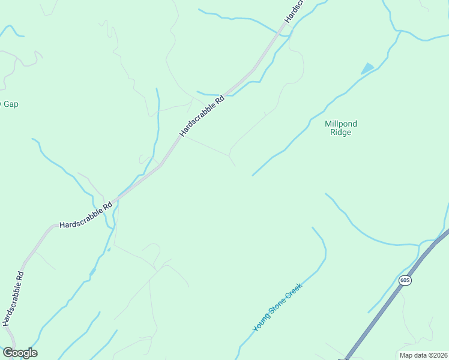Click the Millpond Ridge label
point(340,128)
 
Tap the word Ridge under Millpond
point(340,133)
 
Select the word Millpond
point(340,124)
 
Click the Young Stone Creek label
point(278,308)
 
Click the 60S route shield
point(405,281)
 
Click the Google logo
point(20,353)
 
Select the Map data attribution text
point(423,355)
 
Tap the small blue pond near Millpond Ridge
point(367,68)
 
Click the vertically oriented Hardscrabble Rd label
point(13,299)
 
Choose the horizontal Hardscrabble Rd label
point(86,215)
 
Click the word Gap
point(11,104)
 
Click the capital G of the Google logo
point(8,353)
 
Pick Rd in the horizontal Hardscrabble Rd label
point(108,206)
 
